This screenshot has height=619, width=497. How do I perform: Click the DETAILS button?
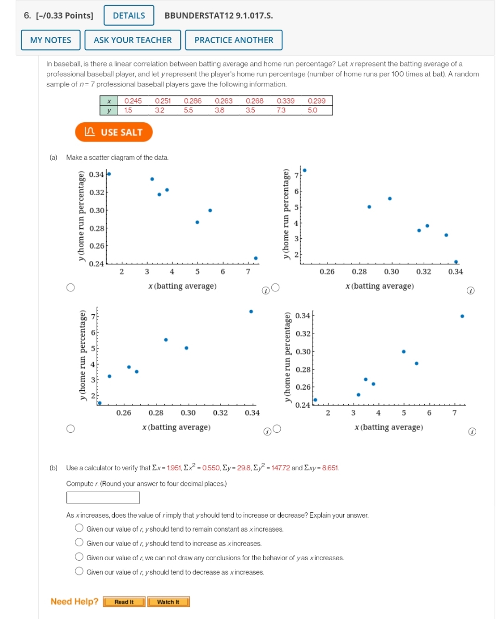point(129,16)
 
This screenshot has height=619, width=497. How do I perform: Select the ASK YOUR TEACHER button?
point(133,40)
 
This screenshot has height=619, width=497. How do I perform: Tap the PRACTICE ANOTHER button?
point(233,40)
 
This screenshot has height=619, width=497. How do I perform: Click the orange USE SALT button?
point(114,132)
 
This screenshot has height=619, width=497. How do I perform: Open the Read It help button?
point(124,602)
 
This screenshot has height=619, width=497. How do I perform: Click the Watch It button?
point(168,602)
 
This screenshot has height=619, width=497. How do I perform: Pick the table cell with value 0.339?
point(285,101)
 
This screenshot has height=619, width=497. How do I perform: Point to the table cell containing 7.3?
point(281,110)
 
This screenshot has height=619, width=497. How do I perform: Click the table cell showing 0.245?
point(133,101)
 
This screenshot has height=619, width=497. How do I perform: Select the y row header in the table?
point(109,110)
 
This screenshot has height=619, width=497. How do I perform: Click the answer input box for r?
point(103,498)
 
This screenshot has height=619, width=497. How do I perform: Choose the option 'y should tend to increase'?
point(79,543)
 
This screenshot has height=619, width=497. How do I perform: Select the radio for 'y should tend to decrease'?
point(79,572)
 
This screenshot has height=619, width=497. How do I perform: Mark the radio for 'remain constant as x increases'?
point(79,528)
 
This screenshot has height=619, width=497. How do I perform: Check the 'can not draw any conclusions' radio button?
point(79,558)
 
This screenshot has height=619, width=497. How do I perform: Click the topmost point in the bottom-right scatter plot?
point(462,316)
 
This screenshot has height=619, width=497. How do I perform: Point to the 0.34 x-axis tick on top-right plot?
point(455,272)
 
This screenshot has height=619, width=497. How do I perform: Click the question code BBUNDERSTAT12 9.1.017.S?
point(218,16)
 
